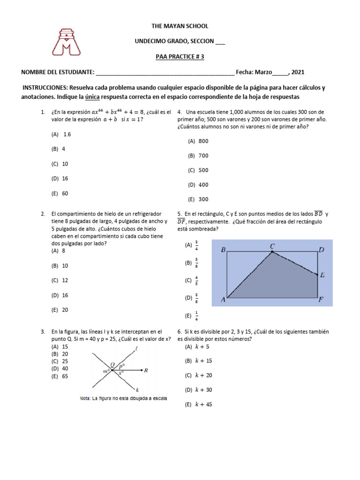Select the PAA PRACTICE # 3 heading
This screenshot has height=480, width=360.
point(180,57)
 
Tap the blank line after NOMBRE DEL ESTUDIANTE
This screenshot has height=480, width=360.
point(165,72)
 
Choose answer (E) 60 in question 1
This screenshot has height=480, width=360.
point(60,193)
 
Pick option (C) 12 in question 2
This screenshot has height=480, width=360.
point(60,280)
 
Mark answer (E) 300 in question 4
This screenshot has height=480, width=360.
point(198,199)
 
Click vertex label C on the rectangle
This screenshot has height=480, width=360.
point(272,246)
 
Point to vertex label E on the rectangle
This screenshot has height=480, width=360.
point(322,276)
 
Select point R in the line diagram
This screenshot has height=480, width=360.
point(146,370)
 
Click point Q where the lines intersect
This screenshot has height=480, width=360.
point(112,365)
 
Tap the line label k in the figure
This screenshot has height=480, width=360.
point(137,390)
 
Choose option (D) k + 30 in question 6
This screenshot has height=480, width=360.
point(199,390)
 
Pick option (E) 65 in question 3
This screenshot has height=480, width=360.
point(60,376)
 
